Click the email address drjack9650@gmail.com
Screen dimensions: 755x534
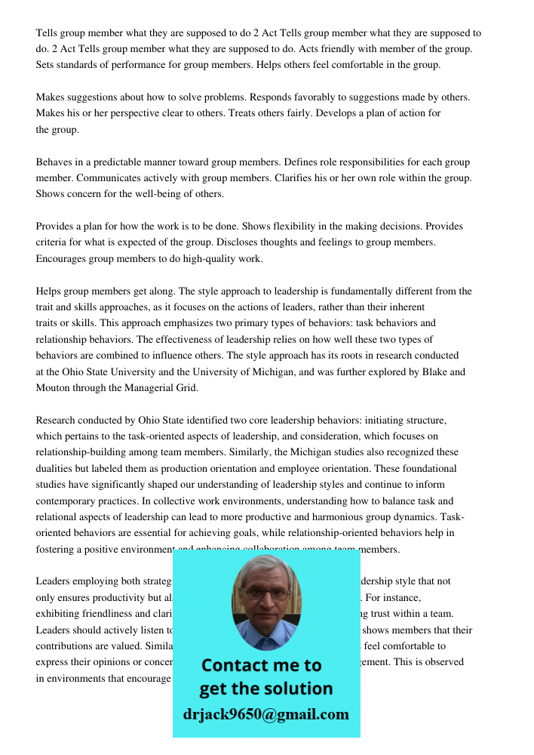coord(265,713)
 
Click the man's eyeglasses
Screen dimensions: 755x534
coord(266,593)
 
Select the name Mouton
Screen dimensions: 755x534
coord(54,388)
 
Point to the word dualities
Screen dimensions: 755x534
coord(57,468)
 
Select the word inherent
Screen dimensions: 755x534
coord(407,307)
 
